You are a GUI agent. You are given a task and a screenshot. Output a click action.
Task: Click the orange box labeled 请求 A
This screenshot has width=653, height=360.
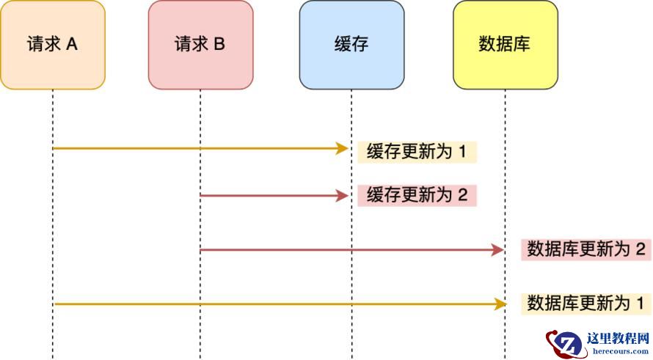pyautogui.click(x=53, y=45)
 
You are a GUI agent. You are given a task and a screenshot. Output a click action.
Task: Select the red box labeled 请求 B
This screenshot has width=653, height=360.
pyautogui.click(x=200, y=45)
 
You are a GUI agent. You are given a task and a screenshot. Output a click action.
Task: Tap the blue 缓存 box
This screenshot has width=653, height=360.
pyautogui.click(x=351, y=45)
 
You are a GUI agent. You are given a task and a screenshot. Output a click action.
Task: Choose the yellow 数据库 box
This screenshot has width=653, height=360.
pyautogui.click(x=505, y=45)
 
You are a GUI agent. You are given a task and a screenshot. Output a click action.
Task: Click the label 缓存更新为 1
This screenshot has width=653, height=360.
pyautogui.click(x=417, y=152)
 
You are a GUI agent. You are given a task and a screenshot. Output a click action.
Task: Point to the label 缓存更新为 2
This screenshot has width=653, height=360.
pyautogui.click(x=417, y=196)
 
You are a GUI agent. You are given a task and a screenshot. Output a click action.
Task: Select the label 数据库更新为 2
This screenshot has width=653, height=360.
pyautogui.click(x=586, y=249)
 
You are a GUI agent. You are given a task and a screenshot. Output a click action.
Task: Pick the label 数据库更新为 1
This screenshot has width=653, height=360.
pyautogui.click(x=586, y=302)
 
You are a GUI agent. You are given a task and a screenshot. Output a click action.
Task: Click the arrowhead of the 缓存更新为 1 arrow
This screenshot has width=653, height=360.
pyautogui.click(x=342, y=149)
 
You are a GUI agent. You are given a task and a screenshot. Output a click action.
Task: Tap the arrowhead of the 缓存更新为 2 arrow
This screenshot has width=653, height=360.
pyautogui.click(x=342, y=196)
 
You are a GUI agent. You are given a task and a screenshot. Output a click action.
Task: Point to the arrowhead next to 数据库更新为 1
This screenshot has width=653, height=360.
pyautogui.click(x=501, y=303)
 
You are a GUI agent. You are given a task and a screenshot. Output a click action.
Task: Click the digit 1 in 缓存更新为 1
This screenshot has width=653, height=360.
pyautogui.click(x=463, y=152)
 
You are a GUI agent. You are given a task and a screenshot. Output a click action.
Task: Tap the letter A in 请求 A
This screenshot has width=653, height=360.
pyautogui.click(x=72, y=44)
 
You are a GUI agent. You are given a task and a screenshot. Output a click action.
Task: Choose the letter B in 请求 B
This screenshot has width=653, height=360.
pyautogui.click(x=219, y=44)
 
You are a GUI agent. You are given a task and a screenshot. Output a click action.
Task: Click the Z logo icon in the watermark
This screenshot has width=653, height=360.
pyautogui.click(x=564, y=344)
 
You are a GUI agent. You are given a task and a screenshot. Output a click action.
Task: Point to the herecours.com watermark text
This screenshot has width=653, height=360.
pyautogui.click(x=618, y=351)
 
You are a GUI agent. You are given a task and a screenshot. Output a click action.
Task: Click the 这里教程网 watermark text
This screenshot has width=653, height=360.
pyautogui.click(x=618, y=339)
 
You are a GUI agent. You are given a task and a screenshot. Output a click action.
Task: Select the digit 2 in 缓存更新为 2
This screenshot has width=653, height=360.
pyautogui.click(x=462, y=196)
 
